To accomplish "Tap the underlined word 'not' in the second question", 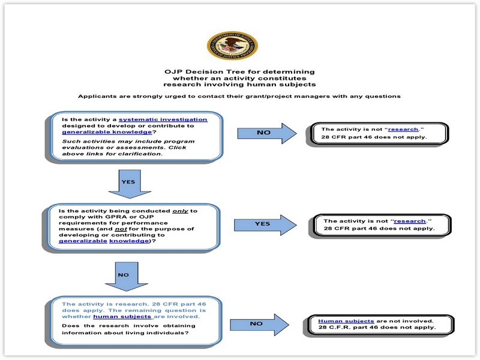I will pos(138,228).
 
